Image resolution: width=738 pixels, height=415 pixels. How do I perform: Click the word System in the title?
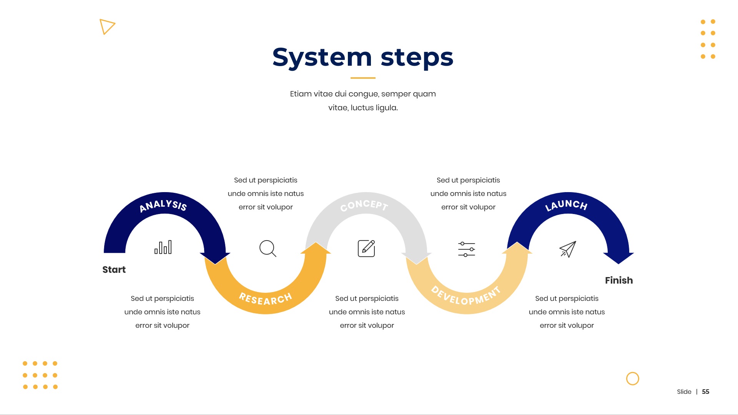click(322, 58)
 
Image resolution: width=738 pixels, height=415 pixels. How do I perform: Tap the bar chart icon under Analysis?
click(163, 247)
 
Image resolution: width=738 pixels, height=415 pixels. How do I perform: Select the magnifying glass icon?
click(268, 249)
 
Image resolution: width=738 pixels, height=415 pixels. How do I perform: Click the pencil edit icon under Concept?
click(366, 249)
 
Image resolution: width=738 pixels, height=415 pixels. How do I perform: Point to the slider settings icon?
click(467, 249)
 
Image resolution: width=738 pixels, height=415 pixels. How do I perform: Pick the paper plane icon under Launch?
click(568, 249)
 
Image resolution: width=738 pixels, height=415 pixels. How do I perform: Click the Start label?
click(114, 270)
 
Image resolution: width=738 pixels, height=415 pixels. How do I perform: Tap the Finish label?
click(619, 281)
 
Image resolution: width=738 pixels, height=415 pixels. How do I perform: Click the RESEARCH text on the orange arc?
click(266, 299)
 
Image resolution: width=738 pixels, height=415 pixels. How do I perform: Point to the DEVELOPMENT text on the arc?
click(466, 296)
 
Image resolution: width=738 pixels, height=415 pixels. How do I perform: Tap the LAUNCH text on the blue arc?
click(566, 205)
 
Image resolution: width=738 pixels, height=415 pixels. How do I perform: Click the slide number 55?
click(706, 392)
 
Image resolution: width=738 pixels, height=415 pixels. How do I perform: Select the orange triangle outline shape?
click(106, 27)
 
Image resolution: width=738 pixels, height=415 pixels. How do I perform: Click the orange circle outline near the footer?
click(633, 379)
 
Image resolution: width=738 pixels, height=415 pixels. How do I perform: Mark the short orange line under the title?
click(363, 78)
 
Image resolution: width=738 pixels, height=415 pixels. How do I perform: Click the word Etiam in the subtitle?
click(301, 94)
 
